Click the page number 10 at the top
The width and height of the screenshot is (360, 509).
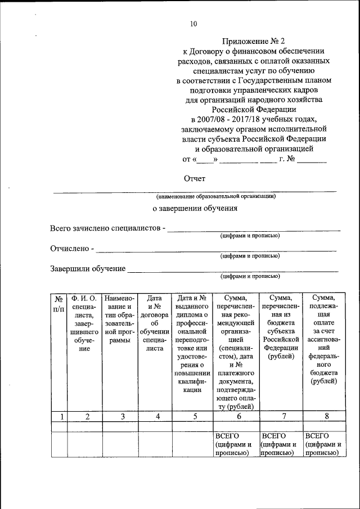click(193, 24)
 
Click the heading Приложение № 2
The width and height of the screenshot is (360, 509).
click(250, 40)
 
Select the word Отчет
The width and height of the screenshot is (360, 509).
click(195, 179)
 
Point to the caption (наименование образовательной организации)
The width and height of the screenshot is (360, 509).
click(217, 196)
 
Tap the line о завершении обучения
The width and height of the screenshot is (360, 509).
click(195, 208)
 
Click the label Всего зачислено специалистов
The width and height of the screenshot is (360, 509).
click(107, 228)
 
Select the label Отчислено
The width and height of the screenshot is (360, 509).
click(70, 248)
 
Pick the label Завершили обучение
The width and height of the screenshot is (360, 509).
click(87, 268)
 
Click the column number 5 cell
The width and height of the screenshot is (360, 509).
click(194, 416)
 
